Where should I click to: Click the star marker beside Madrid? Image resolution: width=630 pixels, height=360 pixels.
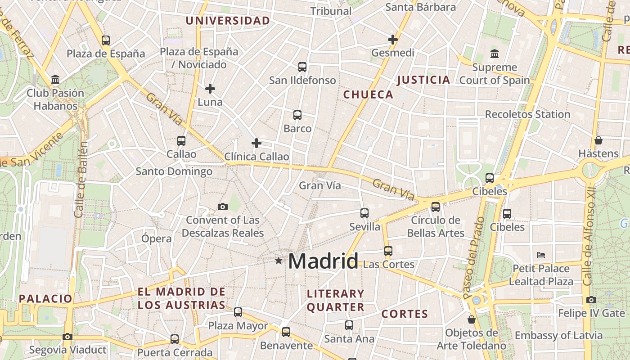(279, 261)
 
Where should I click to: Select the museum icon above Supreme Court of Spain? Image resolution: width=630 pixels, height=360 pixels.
(495, 54)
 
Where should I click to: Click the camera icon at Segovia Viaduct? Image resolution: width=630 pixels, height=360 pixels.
(67, 337)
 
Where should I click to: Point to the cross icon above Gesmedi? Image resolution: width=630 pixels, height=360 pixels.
(393, 40)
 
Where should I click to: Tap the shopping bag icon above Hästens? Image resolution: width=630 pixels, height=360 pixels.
(598, 140)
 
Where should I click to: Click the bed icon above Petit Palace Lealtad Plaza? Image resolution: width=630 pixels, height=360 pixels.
(541, 255)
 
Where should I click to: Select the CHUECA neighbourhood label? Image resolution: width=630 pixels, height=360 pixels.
(368, 94)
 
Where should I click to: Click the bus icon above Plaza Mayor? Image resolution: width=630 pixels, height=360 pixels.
(238, 312)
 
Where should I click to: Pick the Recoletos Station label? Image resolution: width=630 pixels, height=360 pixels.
(527, 114)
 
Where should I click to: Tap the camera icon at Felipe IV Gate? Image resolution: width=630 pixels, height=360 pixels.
(591, 300)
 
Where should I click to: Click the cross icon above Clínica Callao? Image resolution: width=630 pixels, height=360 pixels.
(256, 143)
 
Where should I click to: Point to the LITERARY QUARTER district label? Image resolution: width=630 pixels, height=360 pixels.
(335, 301)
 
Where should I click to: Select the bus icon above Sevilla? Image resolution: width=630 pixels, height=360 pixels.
(364, 213)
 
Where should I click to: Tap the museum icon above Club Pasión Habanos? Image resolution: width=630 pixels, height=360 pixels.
(55, 80)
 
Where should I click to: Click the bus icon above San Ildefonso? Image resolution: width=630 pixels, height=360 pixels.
(302, 67)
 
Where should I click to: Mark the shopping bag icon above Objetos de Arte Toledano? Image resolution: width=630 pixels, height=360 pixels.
(471, 319)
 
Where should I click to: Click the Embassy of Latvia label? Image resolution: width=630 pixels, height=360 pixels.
(558, 335)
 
